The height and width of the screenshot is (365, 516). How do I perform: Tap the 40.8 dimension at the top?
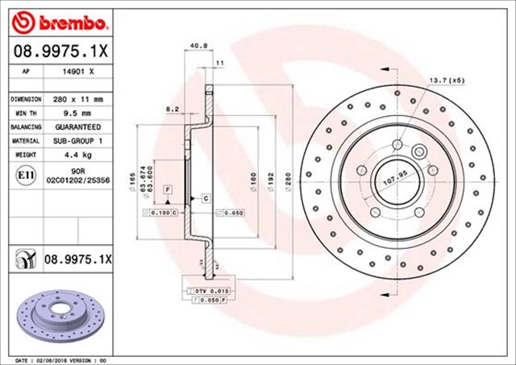tap(194, 46)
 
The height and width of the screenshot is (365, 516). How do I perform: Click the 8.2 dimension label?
tap(172, 107)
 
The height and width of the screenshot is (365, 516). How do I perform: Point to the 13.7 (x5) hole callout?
tap(448, 81)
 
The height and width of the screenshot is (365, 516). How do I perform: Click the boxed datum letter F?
tap(168, 189)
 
